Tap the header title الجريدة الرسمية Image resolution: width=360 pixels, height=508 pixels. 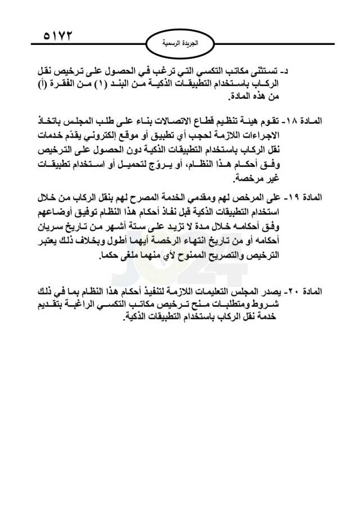[179, 42]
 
